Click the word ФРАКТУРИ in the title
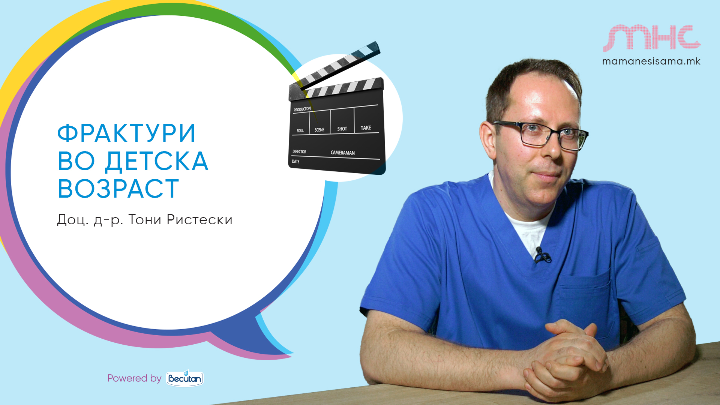tap(126, 133)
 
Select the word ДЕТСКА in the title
tap(156, 161)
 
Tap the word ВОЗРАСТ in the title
tap(118, 188)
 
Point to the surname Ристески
tap(199, 220)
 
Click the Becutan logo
tap(185, 378)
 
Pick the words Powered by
tap(134, 378)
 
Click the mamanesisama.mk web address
tap(651, 61)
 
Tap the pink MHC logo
tap(652, 38)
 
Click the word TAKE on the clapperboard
tap(366, 128)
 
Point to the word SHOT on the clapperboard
tap(342, 129)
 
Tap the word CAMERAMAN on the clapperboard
tap(343, 153)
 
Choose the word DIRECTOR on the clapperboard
tap(299, 151)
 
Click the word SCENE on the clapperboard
tap(319, 130)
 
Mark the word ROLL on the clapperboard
tap(300, 130)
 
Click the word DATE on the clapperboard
tap(295, 162)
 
